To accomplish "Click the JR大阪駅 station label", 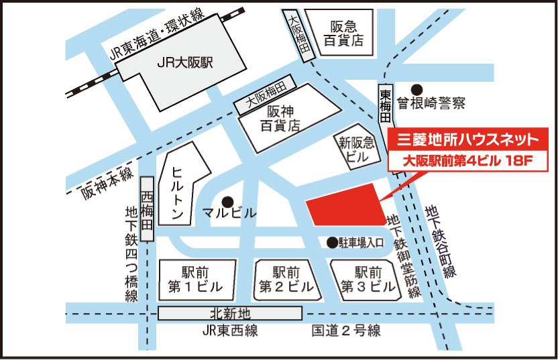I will (x=183, y=64).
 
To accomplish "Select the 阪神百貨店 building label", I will (x=280, y=117).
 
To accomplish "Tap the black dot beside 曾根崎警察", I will (x=416, y=88).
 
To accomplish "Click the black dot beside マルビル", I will (x=228, y=200).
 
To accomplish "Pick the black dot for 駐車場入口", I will (x=331, y=242).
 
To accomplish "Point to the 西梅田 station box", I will (x=148, y=208).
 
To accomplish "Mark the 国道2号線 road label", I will (x=346, y=331).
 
